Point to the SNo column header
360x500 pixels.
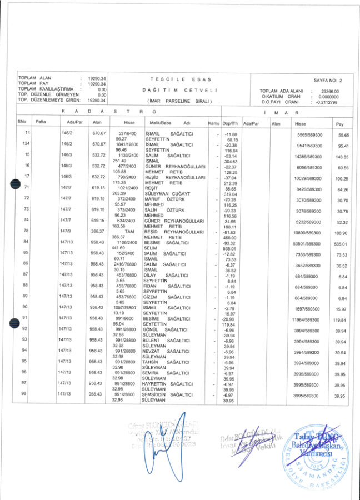click(x=22, y=122)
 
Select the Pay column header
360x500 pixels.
click(x=340, y=124)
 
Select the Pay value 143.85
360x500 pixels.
click(x=340, y=157)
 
